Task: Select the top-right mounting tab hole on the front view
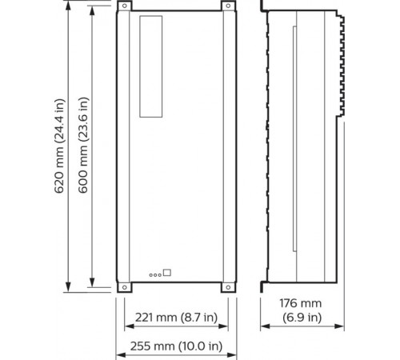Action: coord(226,7)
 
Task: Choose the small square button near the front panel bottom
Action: coord(167,271)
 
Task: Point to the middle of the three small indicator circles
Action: coord(155,274)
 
